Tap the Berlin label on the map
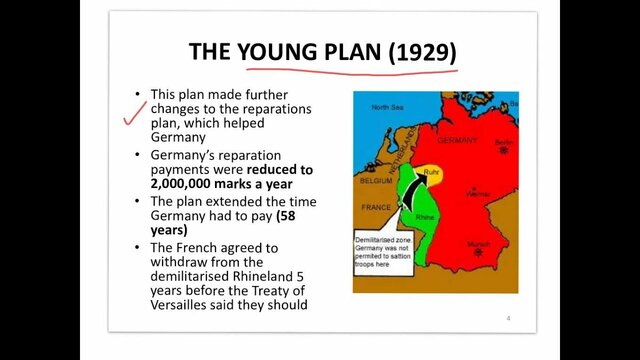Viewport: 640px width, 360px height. click(502, 142)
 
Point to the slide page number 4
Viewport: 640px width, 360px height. click(508, 319)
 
